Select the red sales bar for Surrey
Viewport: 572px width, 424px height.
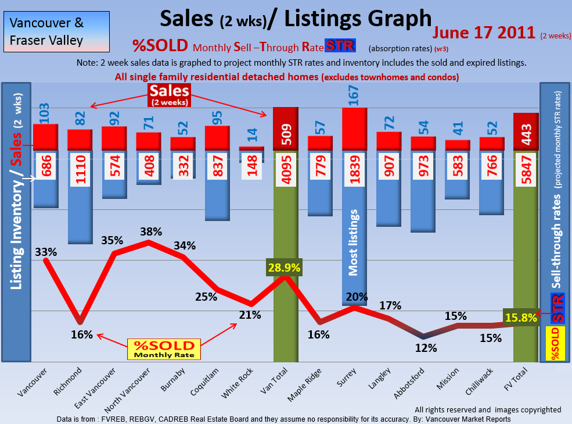click(x=354, y=129)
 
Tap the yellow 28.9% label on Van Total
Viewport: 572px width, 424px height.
click(x=285, y=268)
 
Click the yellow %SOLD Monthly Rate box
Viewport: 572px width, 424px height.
click(x=164, y=349)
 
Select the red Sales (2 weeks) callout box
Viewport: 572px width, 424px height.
click(x=169, y=94)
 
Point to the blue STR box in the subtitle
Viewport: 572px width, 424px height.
click(x=340, y=45)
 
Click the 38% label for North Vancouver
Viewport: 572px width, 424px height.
click(x=150, y=231)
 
